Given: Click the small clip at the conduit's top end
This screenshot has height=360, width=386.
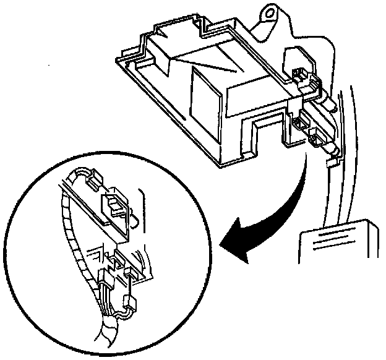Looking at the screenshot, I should tap(93, 180).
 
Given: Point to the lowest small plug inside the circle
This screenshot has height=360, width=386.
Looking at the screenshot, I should tap(129, 302).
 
